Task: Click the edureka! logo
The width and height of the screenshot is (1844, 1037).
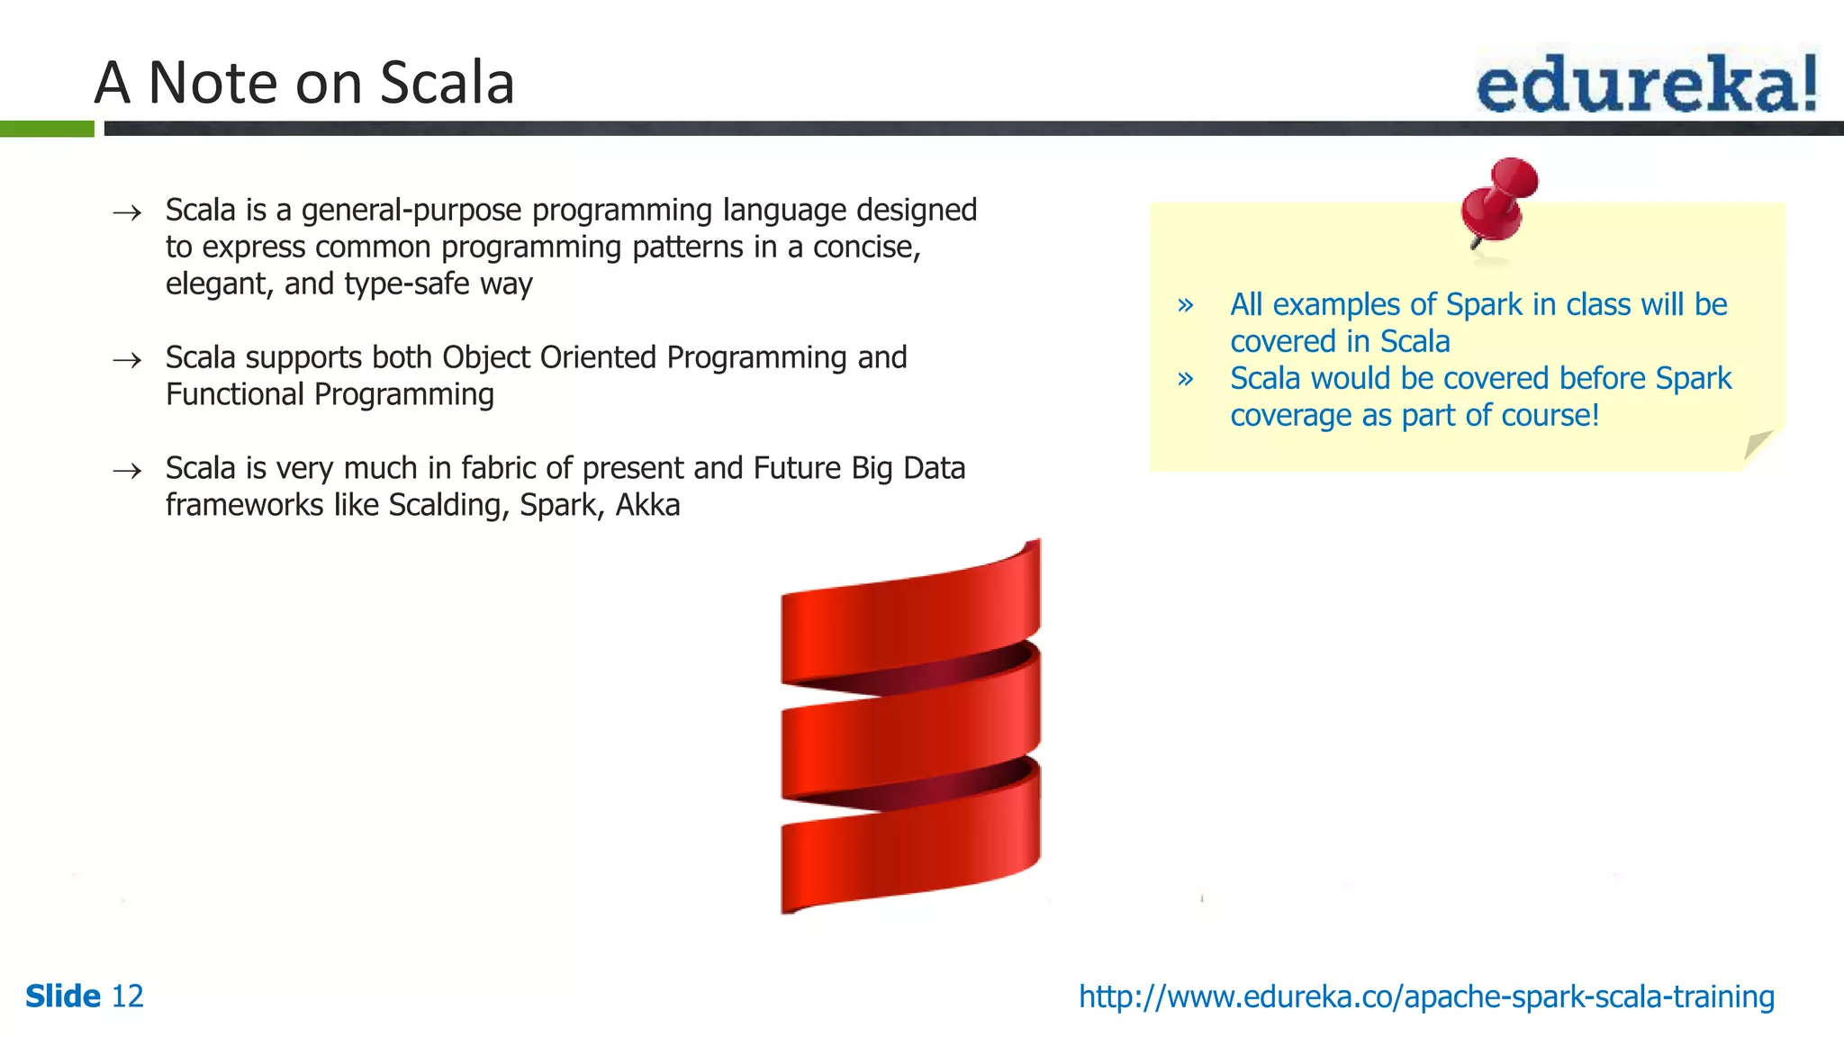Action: tap(1646, 84)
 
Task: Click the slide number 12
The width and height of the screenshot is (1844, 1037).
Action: tap(127, 996)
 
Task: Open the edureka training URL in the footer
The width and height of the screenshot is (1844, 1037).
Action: tap(1426, 996)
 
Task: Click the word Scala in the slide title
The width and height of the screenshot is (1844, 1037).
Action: tap(447, 83)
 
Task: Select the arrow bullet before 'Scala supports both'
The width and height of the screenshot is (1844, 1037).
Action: tap(127, 360)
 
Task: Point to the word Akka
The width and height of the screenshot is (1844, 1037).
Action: tap(647, 505)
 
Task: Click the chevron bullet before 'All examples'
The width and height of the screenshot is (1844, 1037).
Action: tap(1186, 305)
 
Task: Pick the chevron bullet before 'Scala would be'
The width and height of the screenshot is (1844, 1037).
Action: tap(1186, 379)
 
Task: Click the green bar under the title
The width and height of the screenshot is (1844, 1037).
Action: tap(47, 129)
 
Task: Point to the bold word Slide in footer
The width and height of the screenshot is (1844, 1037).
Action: tap(63, 996)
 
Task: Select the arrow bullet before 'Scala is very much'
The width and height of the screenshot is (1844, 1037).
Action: tap(127, 471)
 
